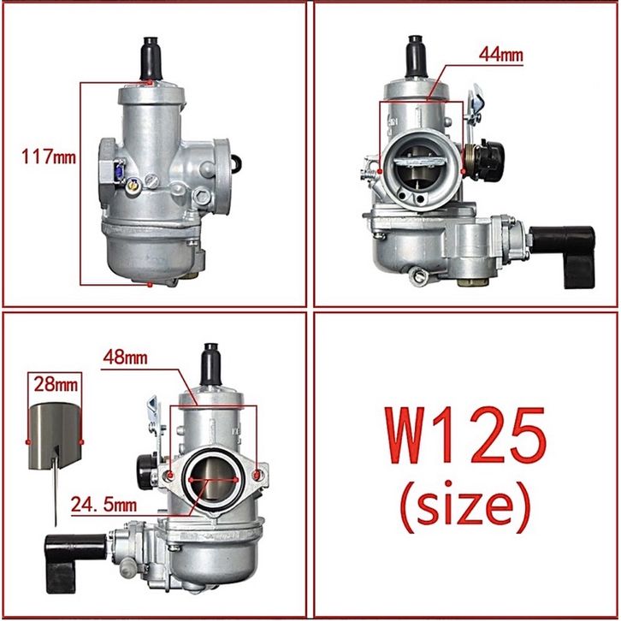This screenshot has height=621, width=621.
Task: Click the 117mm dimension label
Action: click(x=48, y=157)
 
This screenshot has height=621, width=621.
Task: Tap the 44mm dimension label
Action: click(x=501, y=55)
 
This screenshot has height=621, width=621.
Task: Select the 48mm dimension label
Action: click(x=125, y=358)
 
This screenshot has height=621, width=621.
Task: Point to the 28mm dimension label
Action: click(x=56, y=384)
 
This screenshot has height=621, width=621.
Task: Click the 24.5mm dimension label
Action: click(x=103, y=505)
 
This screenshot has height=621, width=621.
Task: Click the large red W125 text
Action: click(x=465, y=435)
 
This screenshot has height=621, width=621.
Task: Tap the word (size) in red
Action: click(x=465, y=505)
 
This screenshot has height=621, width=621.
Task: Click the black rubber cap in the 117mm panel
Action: click(x=151, y=58)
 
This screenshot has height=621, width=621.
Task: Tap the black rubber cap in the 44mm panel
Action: click(x=417, y=56)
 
